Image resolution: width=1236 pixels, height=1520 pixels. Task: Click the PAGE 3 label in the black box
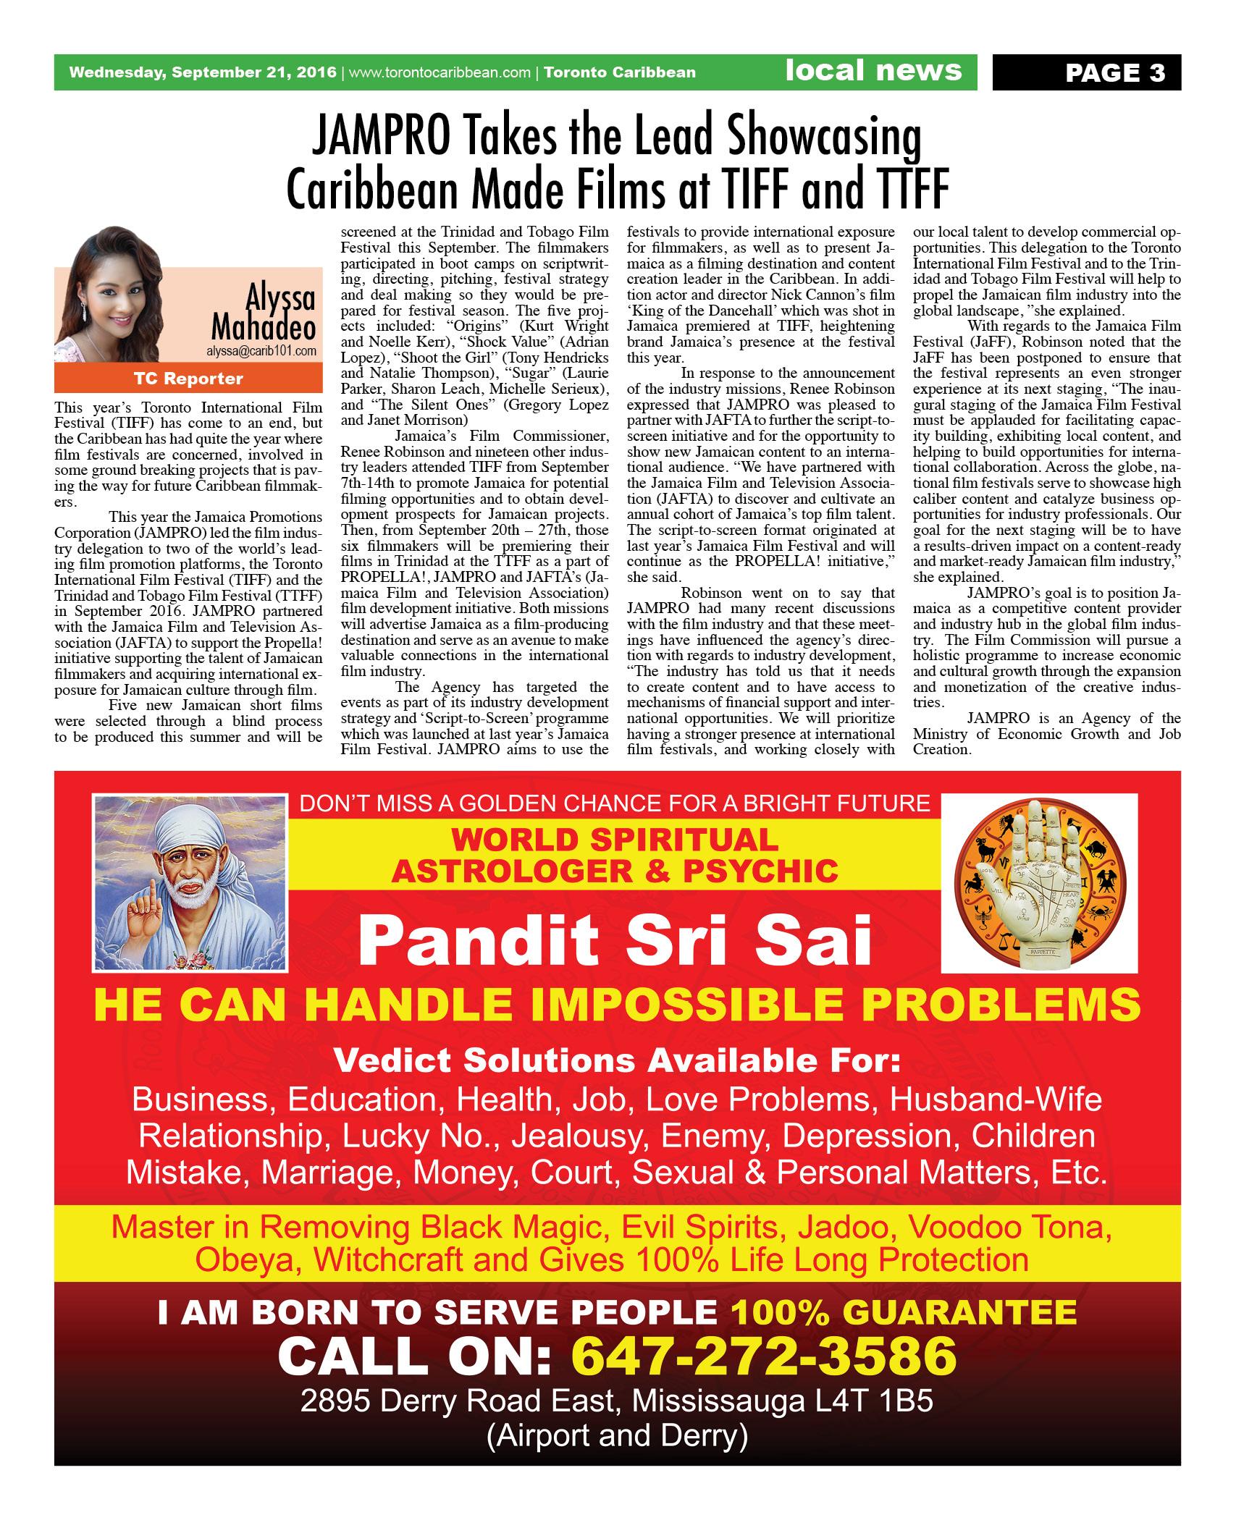(x=1114, y=73)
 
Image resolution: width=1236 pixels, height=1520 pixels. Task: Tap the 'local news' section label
(x=873, y=71)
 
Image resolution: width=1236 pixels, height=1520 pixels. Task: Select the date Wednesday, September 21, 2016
(x=202, y=72)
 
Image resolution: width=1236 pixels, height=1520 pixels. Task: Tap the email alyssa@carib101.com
(x=264, y=350)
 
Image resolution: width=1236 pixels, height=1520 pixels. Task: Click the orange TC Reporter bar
(x=188, y=379)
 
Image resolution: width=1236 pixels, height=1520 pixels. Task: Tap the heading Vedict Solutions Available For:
(x=617, y=1061)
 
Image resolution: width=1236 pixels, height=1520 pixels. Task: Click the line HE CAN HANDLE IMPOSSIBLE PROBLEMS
(x=617, y=1005)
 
